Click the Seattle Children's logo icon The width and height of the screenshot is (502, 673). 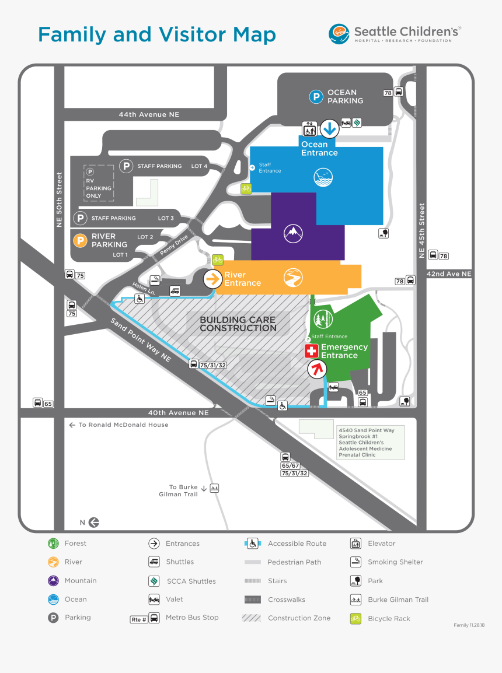point(339,33)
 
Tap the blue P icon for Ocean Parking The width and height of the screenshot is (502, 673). point(316,97)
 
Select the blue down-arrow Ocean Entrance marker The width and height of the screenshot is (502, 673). point(329,128)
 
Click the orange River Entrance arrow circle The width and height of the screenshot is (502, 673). point(212,279)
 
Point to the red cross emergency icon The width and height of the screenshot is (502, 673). point(312,351)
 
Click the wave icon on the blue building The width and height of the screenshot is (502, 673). point(322,177)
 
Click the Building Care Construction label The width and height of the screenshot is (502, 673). point(238,324)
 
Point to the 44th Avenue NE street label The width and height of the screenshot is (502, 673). point(149,115)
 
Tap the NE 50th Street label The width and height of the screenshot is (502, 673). point(59,199)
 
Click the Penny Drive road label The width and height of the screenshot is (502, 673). point(174,246)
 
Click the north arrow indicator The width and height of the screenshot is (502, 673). point(94,523)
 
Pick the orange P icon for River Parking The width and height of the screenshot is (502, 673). point(80,240)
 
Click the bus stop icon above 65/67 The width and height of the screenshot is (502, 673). point(285,457)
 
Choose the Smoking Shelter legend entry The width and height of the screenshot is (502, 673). point(395,562)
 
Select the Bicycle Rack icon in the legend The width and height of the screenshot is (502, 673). point(355,619)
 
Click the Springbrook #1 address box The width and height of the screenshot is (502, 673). point(370,443)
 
